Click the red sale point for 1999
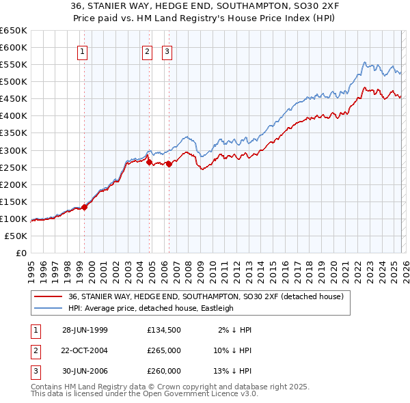coord(85,206)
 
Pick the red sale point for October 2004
coord(149,162)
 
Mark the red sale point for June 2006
coord(169,163)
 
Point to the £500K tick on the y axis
coord(14,82)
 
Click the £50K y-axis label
coord(16,236)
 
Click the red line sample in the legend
coord(48,297)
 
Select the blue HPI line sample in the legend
coord(48,308)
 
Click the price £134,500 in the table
coord(164,330)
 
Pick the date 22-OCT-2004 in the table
coord(85,350)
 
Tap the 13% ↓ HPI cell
coord(232,371)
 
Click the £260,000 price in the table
coord(164,371)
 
